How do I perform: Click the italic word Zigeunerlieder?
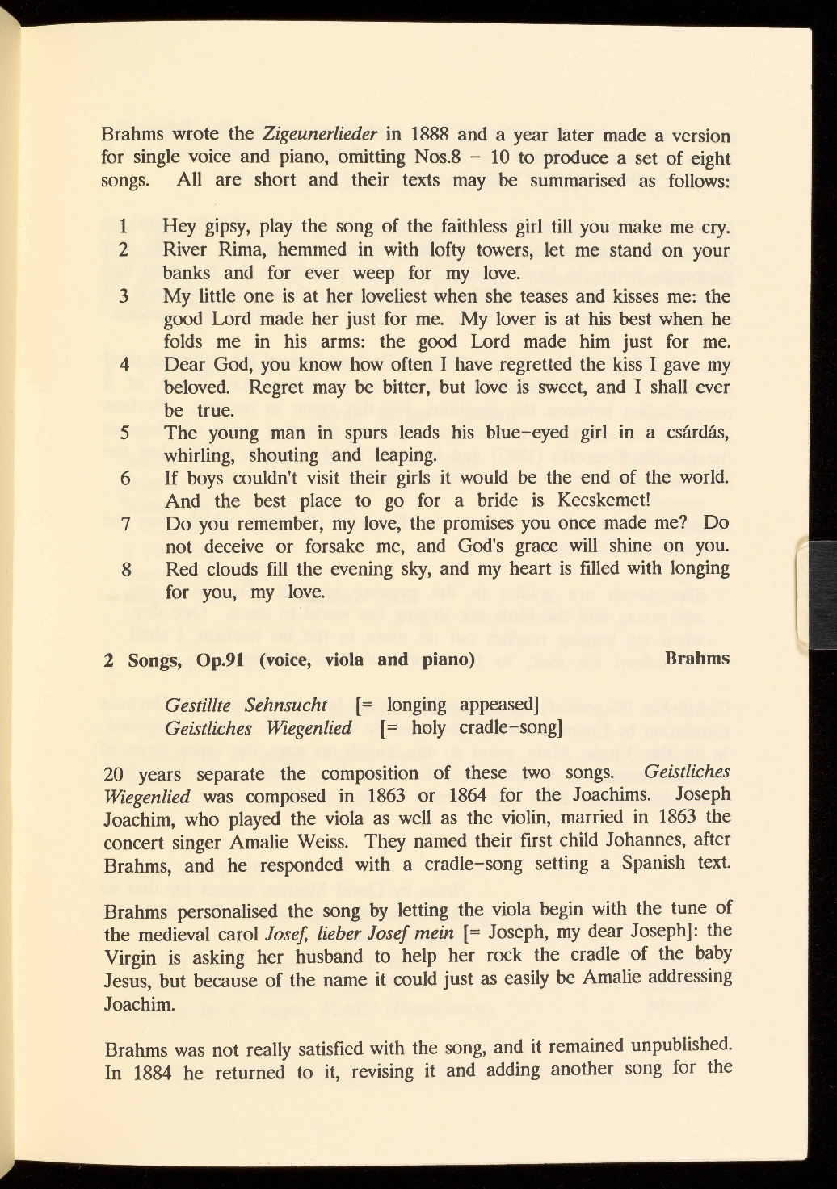(x=321, y=134)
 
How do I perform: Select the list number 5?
(x=125, y=433)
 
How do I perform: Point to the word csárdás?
(x=696, y=432)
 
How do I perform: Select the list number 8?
(x=126, y=569)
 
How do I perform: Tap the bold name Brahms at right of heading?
(x=696, y=659)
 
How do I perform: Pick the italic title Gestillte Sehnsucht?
(x=246, y=705)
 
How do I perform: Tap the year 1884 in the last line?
(x=153, y=1074)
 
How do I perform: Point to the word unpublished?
(x=680, y=1045)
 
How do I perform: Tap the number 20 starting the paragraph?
(x=115, y=774)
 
